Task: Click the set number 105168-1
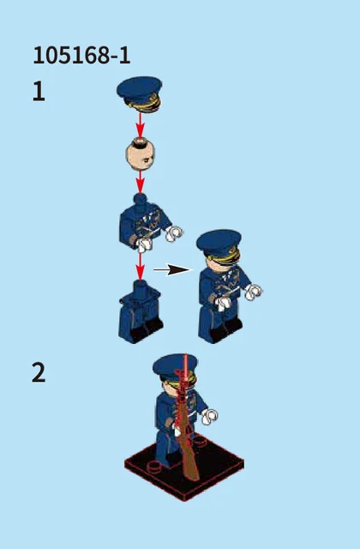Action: (x=81, y=55)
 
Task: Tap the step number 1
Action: (x=39, y=91)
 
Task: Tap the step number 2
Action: (x=39, y=372)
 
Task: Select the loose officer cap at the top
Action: (x=140, y=94)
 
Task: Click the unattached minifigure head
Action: (x=140, y=154)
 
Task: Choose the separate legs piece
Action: (x=141, y=312)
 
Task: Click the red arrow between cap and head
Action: (x=140, y=125)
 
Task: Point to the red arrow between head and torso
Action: (x=140, y=182)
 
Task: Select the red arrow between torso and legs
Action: (x=140, y=267)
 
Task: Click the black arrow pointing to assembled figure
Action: (x=172, y=270)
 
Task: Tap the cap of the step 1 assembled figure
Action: (x=219, y=246)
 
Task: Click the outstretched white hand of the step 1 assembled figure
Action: (x=254, y=292)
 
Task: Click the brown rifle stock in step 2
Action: (x=189, y=455)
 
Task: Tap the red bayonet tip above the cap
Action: (x=185, y=360)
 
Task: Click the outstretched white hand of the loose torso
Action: (x=174, y=233)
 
